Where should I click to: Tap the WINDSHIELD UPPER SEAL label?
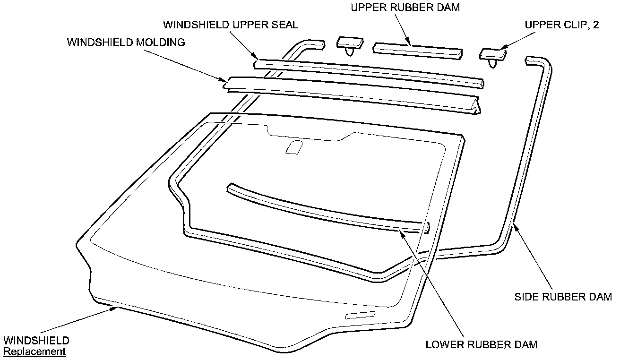pyautogui.click(x=230, y=24)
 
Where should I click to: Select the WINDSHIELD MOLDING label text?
pyautogui.click(x=126, y=42)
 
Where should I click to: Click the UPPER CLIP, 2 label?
pyautogui.click(x=562, y=25)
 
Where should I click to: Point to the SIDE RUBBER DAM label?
pyautogui.click(x=563, y=297)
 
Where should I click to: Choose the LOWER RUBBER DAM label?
pyautogui.click(x=482, y=344)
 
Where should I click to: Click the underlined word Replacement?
pyautogui.click(x=34, y=351)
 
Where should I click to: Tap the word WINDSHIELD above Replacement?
pyautogui.click(x=36, y=341)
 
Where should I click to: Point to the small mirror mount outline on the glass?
pyautogui.click(x=293, y=147)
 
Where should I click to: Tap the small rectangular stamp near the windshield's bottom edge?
pyautogui.click(x=360, y=315)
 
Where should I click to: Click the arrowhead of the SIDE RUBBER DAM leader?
pyautogui.click(x=516, y=226)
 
